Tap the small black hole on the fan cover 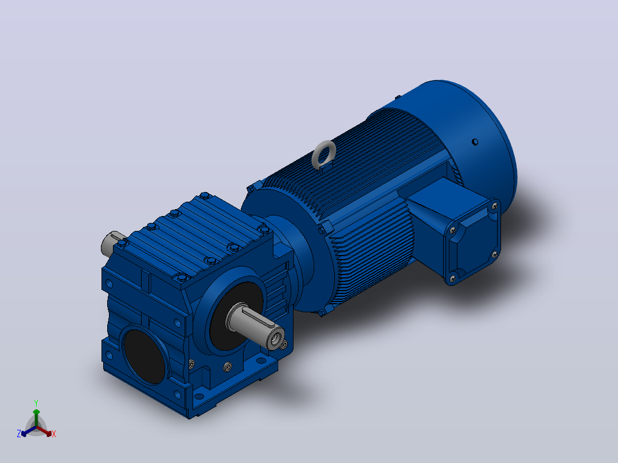click(x=475, y=142)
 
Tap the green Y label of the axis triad click(x=36, y=403)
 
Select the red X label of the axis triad click(x=54, y=434)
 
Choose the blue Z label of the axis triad click(x=19, y=434)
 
